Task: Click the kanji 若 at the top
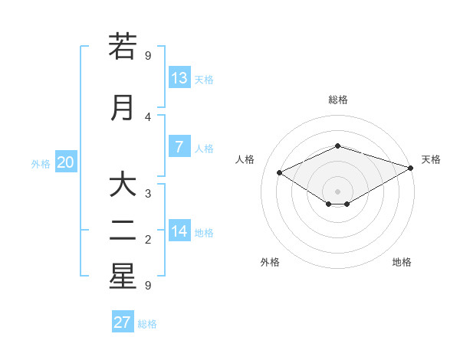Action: (123, 47)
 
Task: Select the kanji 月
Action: (123, 107)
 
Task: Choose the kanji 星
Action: (123, 277)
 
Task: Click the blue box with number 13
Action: (179, 78)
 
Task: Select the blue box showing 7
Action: (179, 147)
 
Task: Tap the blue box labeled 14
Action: (179, 231)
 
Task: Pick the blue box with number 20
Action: (65, 162)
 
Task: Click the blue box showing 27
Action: (123, 322)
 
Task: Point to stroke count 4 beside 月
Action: (148, 117)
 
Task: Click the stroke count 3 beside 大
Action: (148, 194)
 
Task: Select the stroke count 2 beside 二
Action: (148, 240)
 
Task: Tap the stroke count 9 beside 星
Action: (148, 286)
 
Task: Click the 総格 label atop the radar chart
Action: (337, 100)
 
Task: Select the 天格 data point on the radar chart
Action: (412, 168)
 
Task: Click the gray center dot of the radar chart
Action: (337, 191)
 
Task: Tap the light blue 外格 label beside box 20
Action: (41, 163)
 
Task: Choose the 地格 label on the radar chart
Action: (402, 262)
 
